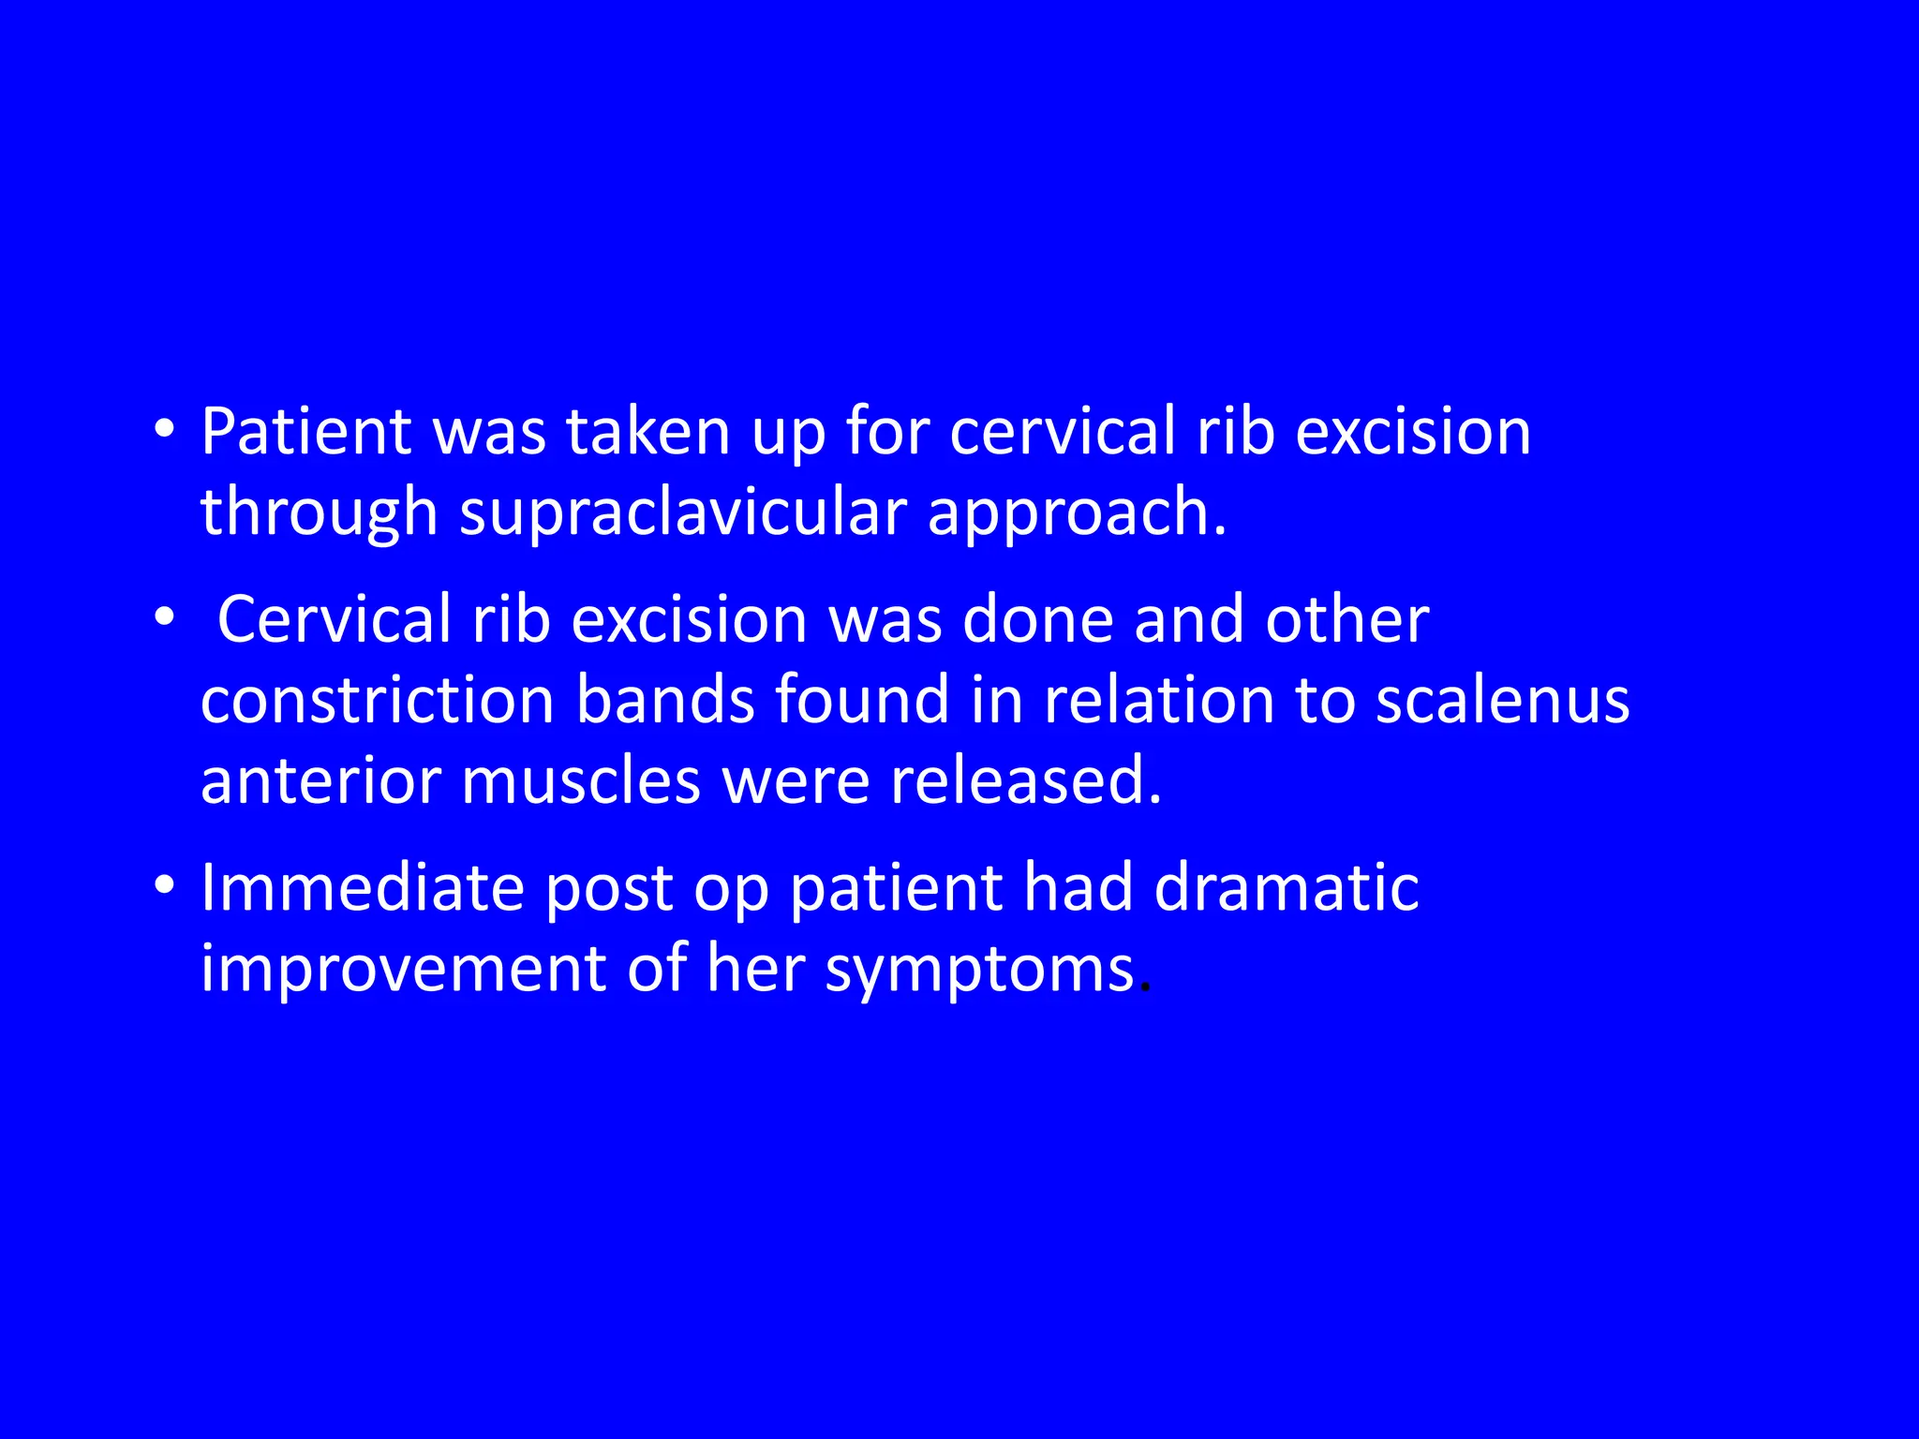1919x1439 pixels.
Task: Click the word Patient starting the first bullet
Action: tap(305, 433)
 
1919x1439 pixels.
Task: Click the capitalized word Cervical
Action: tap(334, 620)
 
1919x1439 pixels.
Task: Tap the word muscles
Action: tap(581, 781)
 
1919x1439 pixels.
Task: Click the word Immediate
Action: tap(362, 888)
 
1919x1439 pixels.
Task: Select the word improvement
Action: tap(403, 969)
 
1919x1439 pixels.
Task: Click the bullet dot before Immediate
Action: tap(165, 885)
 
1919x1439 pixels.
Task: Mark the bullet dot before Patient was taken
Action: tap(165, 430)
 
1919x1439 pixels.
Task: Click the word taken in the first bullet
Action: tap(647, 433)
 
